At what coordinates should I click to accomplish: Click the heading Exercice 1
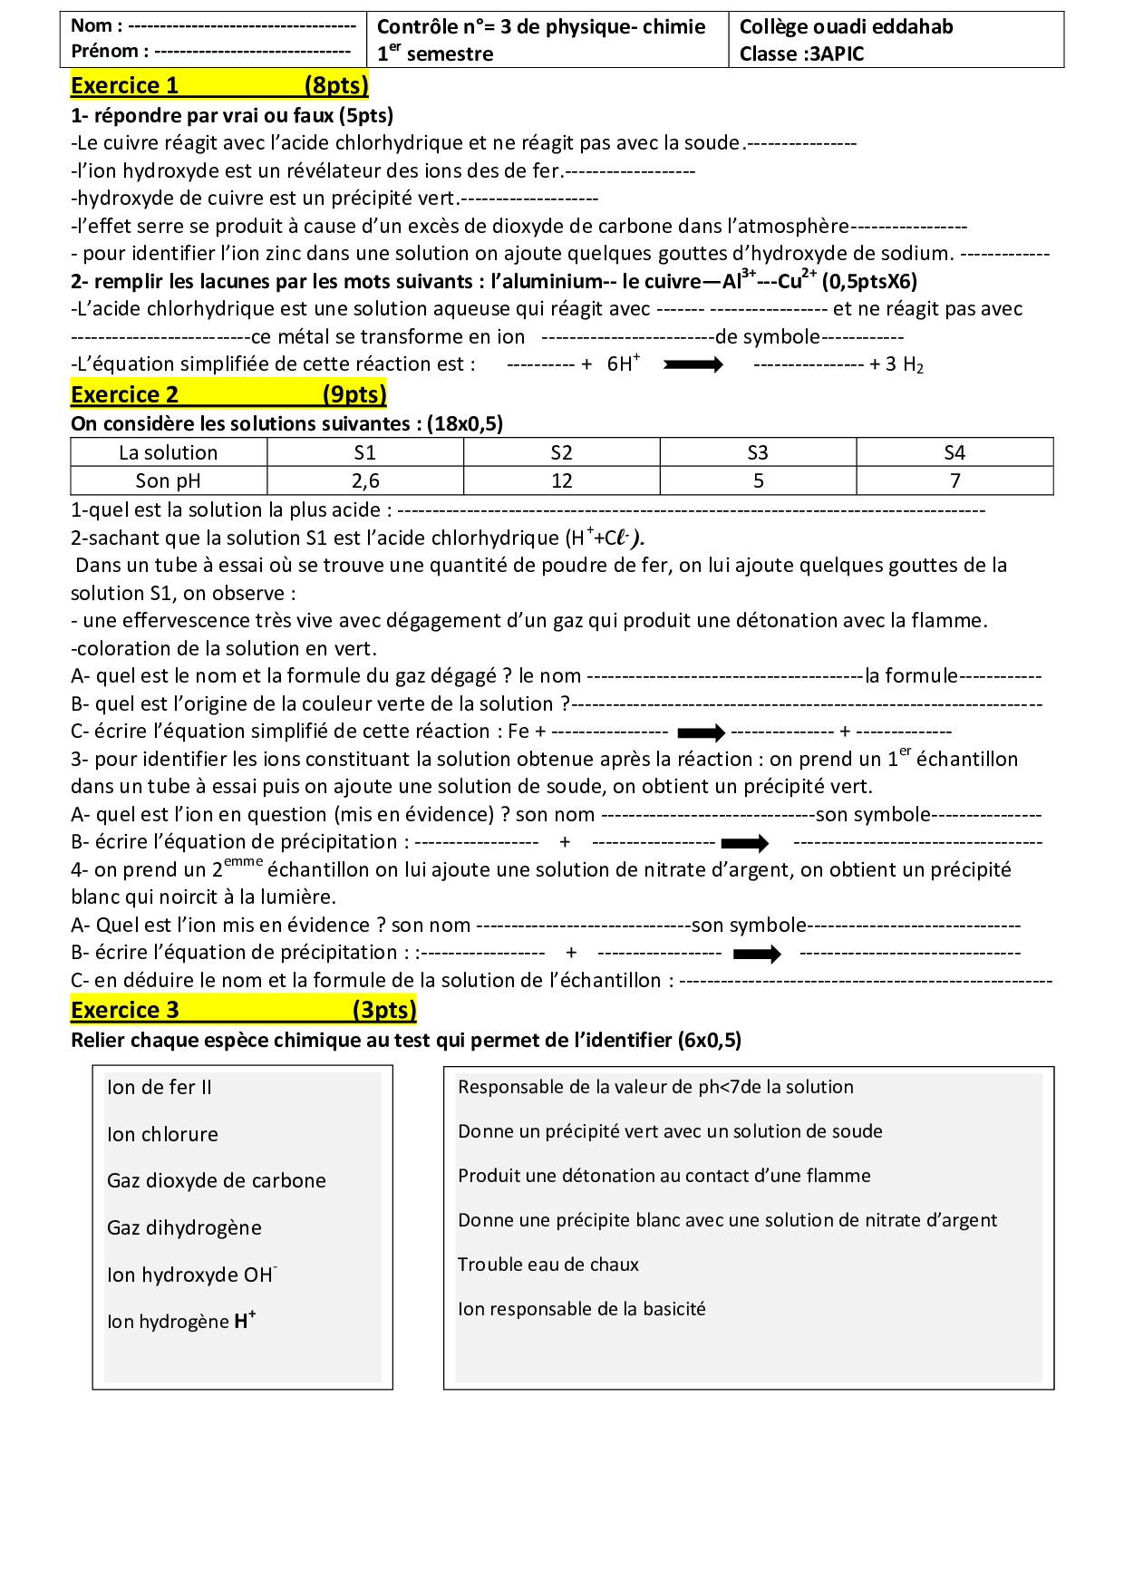(x=124, y=86)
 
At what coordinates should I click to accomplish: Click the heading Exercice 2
(x=124, y=395)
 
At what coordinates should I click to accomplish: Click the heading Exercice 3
(x=124, y=1011)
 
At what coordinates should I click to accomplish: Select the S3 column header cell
(x=758, y=452)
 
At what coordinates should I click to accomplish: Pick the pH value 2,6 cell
(x=365, y=480)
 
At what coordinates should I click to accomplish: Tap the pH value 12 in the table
(x=562, y=480)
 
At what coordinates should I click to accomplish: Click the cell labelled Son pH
(x=169, y=480)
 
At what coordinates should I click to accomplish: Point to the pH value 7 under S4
(x=954, y=480)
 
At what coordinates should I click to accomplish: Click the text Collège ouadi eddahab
(x=847, y=27)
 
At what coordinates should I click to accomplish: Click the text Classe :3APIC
(x=802, y=54)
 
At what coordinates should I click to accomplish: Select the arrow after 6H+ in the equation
(x=693, y=364)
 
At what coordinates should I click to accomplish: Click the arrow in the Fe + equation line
(x=702, y=732)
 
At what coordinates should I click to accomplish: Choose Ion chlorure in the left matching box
(x=162, y=1135)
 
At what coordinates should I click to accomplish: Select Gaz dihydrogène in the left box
(x=184, y=1228)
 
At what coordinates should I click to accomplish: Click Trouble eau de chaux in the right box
(x=548, y=1265)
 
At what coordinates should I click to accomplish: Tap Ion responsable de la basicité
(x=581, y=1309)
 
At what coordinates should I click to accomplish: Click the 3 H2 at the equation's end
(x=904, y=365)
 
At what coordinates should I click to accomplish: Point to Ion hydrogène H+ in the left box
(x=181, y=1322)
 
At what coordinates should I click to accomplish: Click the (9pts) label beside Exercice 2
(x=354, y=395)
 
